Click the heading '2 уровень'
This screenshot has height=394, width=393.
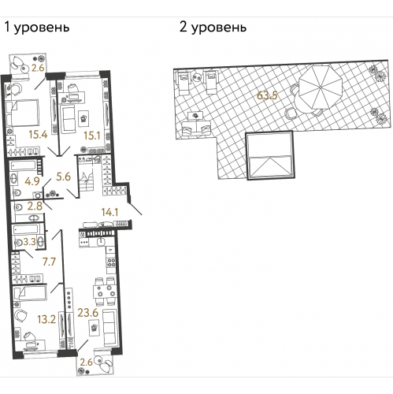point(213,28)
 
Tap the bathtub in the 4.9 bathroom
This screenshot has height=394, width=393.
point(25,168)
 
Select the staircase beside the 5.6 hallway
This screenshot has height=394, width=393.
point(92,173)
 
